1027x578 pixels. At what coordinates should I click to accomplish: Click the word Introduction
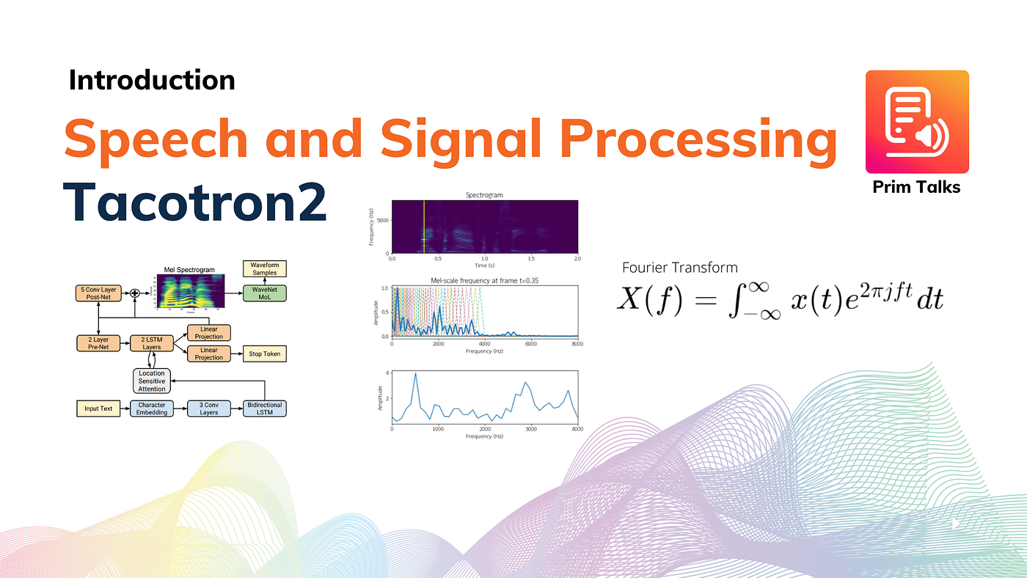pyautogui.click(x=152, y=80)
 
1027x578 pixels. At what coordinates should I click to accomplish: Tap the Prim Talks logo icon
pyautogui.click(x=917, y=122)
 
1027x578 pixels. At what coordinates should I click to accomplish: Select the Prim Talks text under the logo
pyautogui.click(x=916, y=187)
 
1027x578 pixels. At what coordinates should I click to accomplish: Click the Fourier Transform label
pyautogui.click(x=679, y=268)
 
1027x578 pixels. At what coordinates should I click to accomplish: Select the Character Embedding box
pyautogui.click(x=153, y=409)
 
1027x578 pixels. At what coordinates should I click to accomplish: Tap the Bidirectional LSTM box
pyautogui.click(x=263, y=409)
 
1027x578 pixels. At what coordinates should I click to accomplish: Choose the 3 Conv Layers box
pyautogui.click(x=208, y=409)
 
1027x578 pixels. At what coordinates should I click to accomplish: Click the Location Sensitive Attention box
pyautogui.click(x=152, y=381)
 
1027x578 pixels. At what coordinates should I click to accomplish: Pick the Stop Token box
pyautogui.click(x=263, y=354)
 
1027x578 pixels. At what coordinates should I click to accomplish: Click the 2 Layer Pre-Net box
pyautogui.click(x=98, y=343)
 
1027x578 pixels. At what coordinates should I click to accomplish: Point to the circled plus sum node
pyautogui.click(x=134, y=294)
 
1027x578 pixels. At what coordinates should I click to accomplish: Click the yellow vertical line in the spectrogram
pyautogui.click(x=424, y=227)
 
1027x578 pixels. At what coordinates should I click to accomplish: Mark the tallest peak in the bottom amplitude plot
pyautogui.click(x=415, y=374)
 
